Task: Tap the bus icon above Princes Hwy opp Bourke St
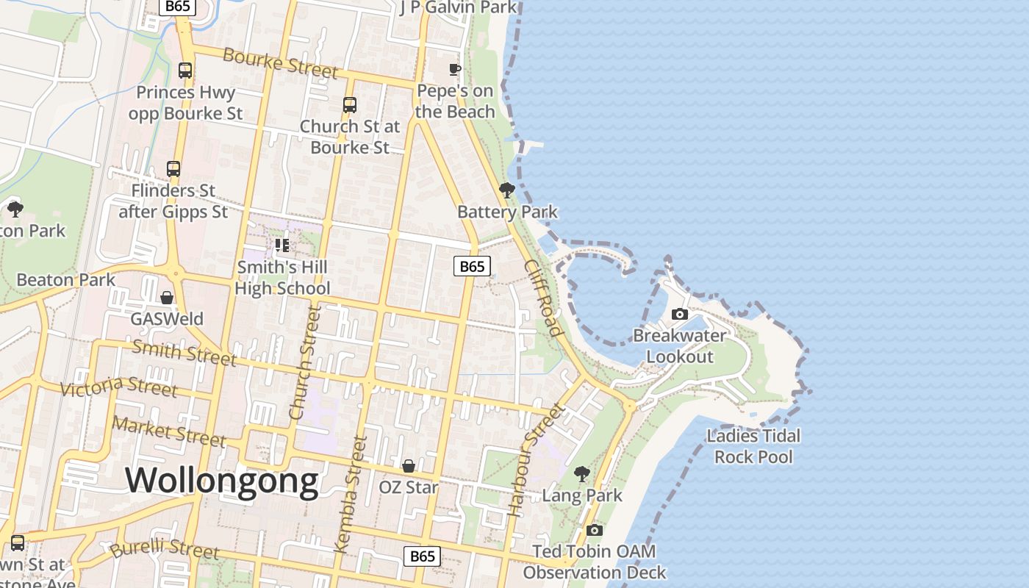pyautogui.click(x=185, y=71)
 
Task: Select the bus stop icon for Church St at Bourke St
pyautogui.click(x=350, y=105)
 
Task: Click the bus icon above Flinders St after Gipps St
pyautogui.click(x=173, y=169)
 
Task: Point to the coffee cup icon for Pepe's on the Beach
pyautogui.click(x=455, y=70)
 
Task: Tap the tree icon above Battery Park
pyautogui.click(x=506, y=191)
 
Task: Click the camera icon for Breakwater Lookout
pyautogui.click(x=680, y=315)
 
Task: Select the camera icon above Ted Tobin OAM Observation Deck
pyautogui.click(x=595, y=530)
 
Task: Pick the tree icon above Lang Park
pyautogui.click(x=582, y=474)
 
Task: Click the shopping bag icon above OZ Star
pyautogui.click(x=409, y=466)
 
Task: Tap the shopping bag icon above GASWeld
pyautogui.click(x=167, y=298)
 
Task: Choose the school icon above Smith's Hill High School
pyautogui.click(x=282, y=245)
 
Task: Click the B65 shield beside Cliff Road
pyautogui.click(x=472, y=266)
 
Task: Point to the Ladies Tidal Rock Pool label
pyautogui.click(x=753, y=446)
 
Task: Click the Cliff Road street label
pyautogui.click(x=544, y=298)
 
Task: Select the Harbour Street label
pyautogui.click(x=534, y=459)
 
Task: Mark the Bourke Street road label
pyautogui.click(x=280, y=63)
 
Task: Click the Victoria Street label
pyautogui.click(x=118, y=385)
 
